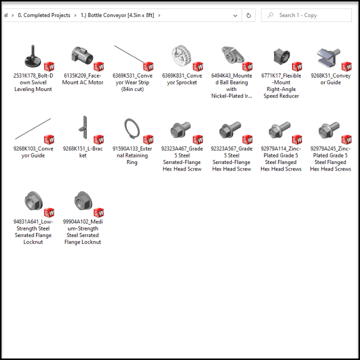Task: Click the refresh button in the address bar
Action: pos(248,15)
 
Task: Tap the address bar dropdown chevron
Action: pos(235,15)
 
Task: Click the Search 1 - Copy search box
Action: pos(306,15)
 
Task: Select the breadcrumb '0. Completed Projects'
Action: pos(44,15)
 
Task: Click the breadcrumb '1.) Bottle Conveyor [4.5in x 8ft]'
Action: pos(117,15)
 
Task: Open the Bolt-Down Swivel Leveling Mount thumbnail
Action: pos(33,56)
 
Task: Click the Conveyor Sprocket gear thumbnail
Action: pos(181,56)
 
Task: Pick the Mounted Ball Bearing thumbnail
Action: pos(232,55)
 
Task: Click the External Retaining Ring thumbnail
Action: pos(132,128)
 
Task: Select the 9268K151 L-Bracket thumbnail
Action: pos(83,127)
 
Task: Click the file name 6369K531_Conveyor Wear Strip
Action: pos(132,82)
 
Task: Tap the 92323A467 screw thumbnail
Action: pos(180,129)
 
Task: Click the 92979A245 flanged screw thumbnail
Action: pos(329,130)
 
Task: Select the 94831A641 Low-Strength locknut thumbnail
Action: pos(33,200)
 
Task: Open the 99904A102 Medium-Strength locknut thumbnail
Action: pos(83,200)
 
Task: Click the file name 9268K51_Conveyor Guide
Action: pos(330,79)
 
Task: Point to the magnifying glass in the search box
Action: pos(270,15)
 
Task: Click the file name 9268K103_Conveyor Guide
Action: pos(33,152)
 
